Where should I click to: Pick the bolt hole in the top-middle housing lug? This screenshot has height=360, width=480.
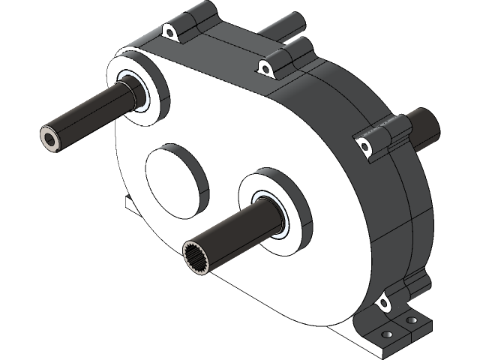point(265,68)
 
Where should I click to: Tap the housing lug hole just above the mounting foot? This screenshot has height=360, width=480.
point(385,303)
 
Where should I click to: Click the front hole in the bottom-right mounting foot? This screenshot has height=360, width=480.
point(388,335)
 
